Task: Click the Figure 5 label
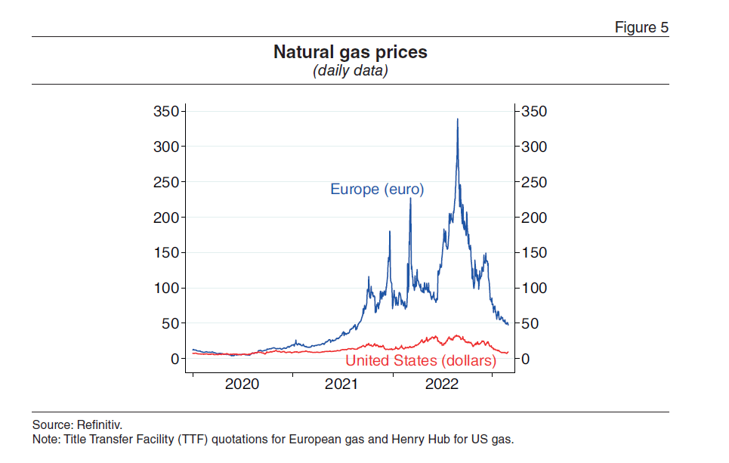pos(641,28)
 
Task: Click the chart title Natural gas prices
pos(351,53)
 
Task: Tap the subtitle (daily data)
pos(351,71)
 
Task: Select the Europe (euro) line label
pos(377,190)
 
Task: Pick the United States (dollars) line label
pos(421,361)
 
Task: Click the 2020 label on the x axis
pos(242,384)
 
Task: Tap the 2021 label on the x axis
pos(341,384)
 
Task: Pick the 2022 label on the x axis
pos(442,384)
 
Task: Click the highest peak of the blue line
pos(457,119)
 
